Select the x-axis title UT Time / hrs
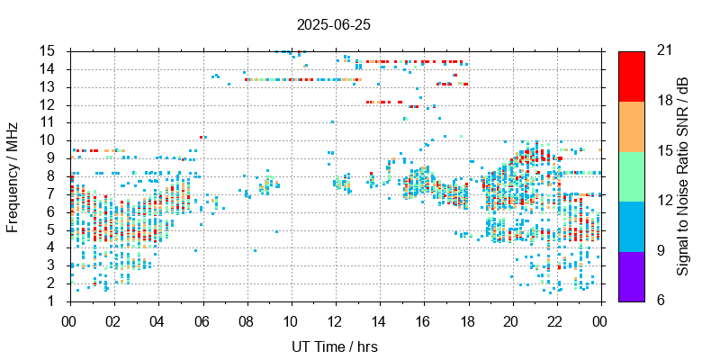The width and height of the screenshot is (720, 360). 335,346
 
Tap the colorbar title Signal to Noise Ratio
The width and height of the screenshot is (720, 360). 683,175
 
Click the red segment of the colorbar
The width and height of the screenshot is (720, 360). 632,76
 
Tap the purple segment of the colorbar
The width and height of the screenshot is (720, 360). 632,275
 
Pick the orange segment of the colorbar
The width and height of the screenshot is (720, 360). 632,126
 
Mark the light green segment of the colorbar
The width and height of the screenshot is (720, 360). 632,175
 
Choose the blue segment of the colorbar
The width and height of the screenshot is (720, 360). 632,225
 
